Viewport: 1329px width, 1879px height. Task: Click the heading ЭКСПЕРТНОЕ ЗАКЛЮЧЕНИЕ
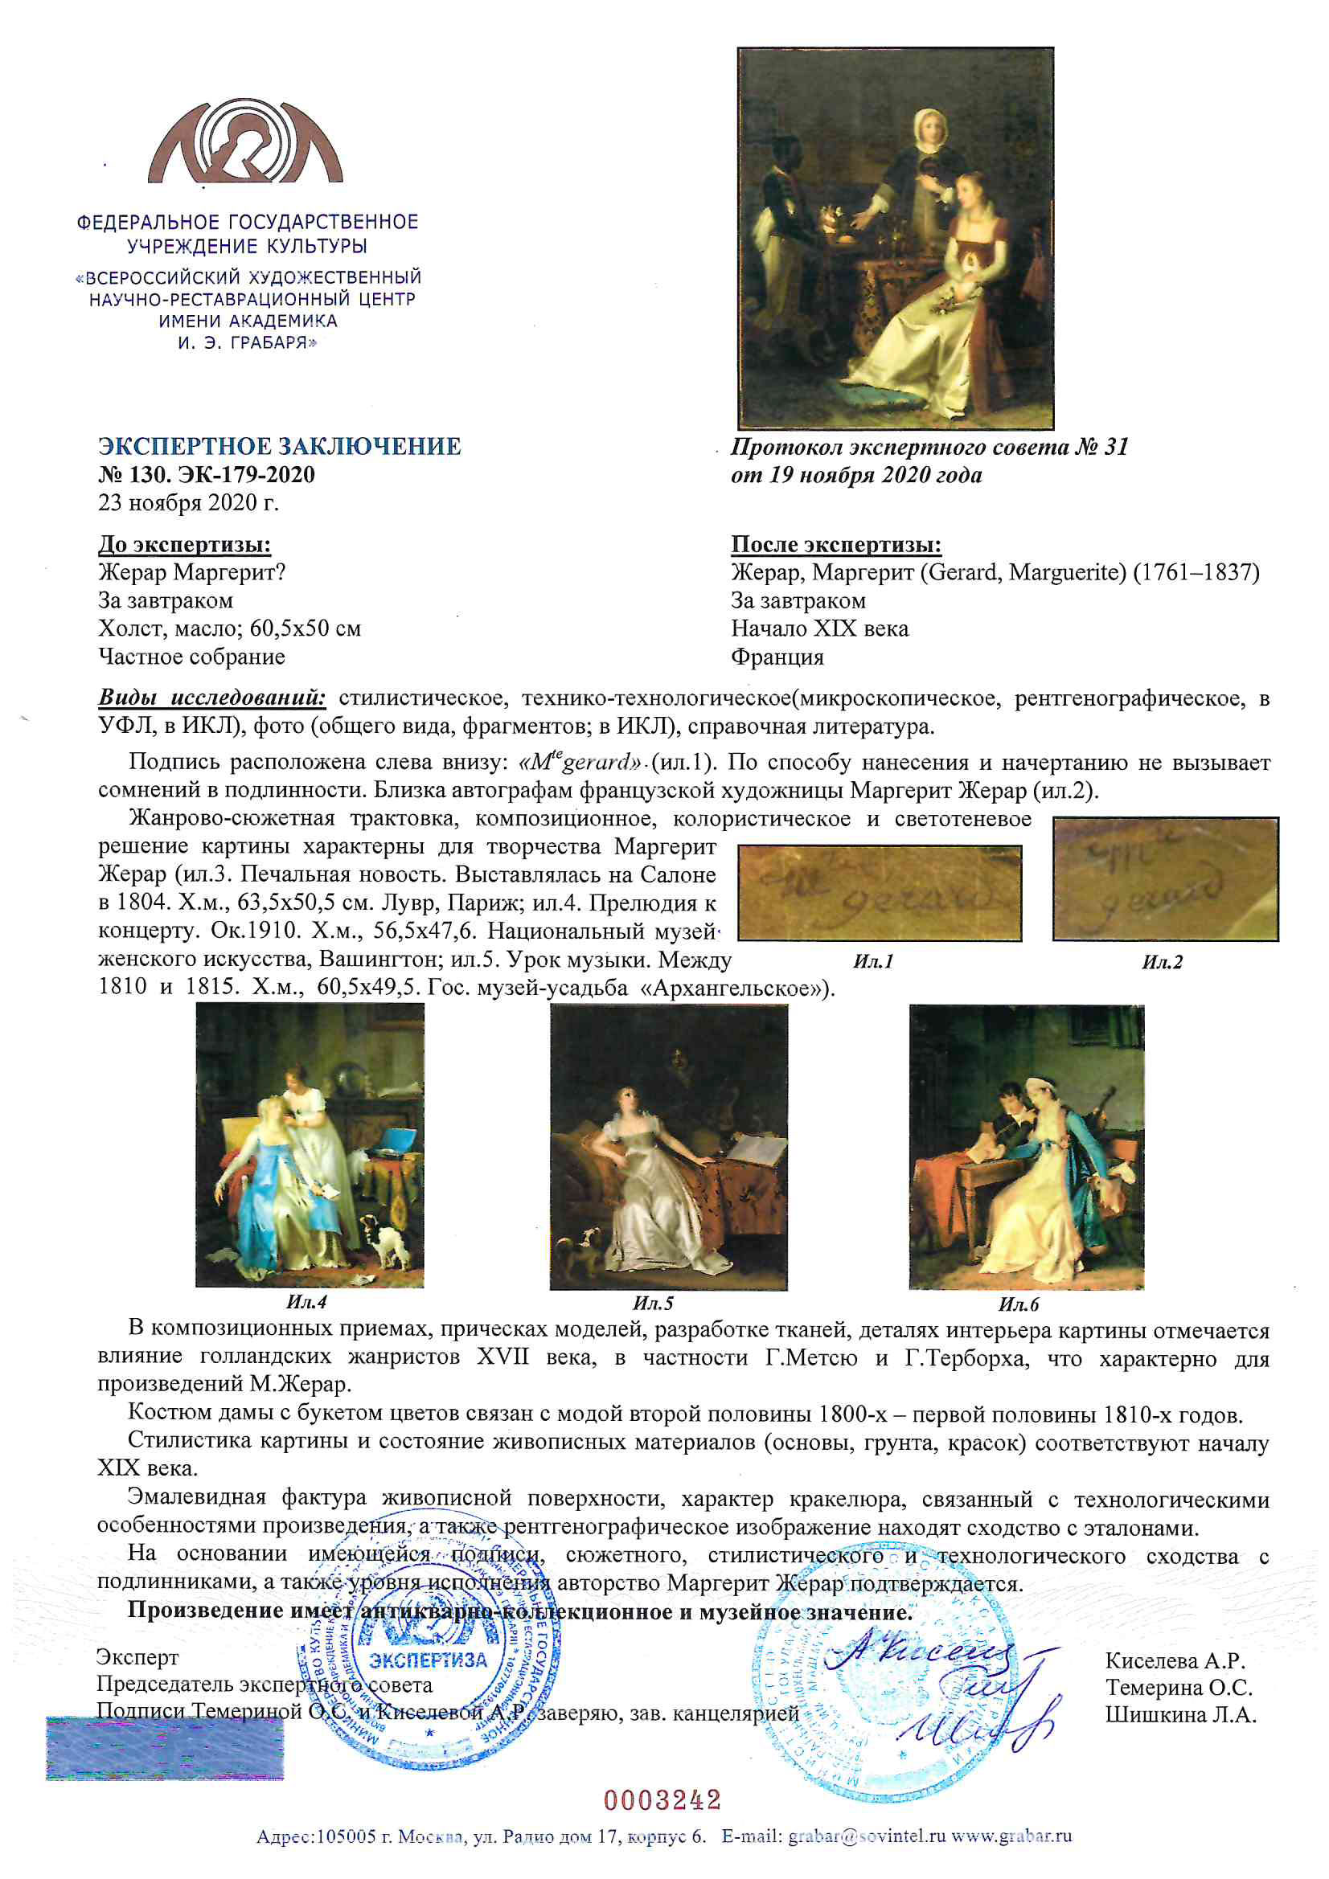[279, 446]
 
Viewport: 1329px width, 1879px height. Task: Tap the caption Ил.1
[873, 961]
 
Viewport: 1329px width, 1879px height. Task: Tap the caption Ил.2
[1162, 963]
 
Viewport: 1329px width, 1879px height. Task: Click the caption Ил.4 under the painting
[307, 1302]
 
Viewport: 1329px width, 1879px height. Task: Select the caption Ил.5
[653, 1303]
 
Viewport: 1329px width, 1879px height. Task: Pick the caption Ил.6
[1018, 1304]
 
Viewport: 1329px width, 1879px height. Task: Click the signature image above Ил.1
[880, 893]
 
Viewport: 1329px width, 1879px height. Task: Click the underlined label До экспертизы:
[184, 544]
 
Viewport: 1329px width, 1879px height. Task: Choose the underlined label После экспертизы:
[836, 544]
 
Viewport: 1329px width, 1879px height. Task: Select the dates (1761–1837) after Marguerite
[1196, 572]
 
